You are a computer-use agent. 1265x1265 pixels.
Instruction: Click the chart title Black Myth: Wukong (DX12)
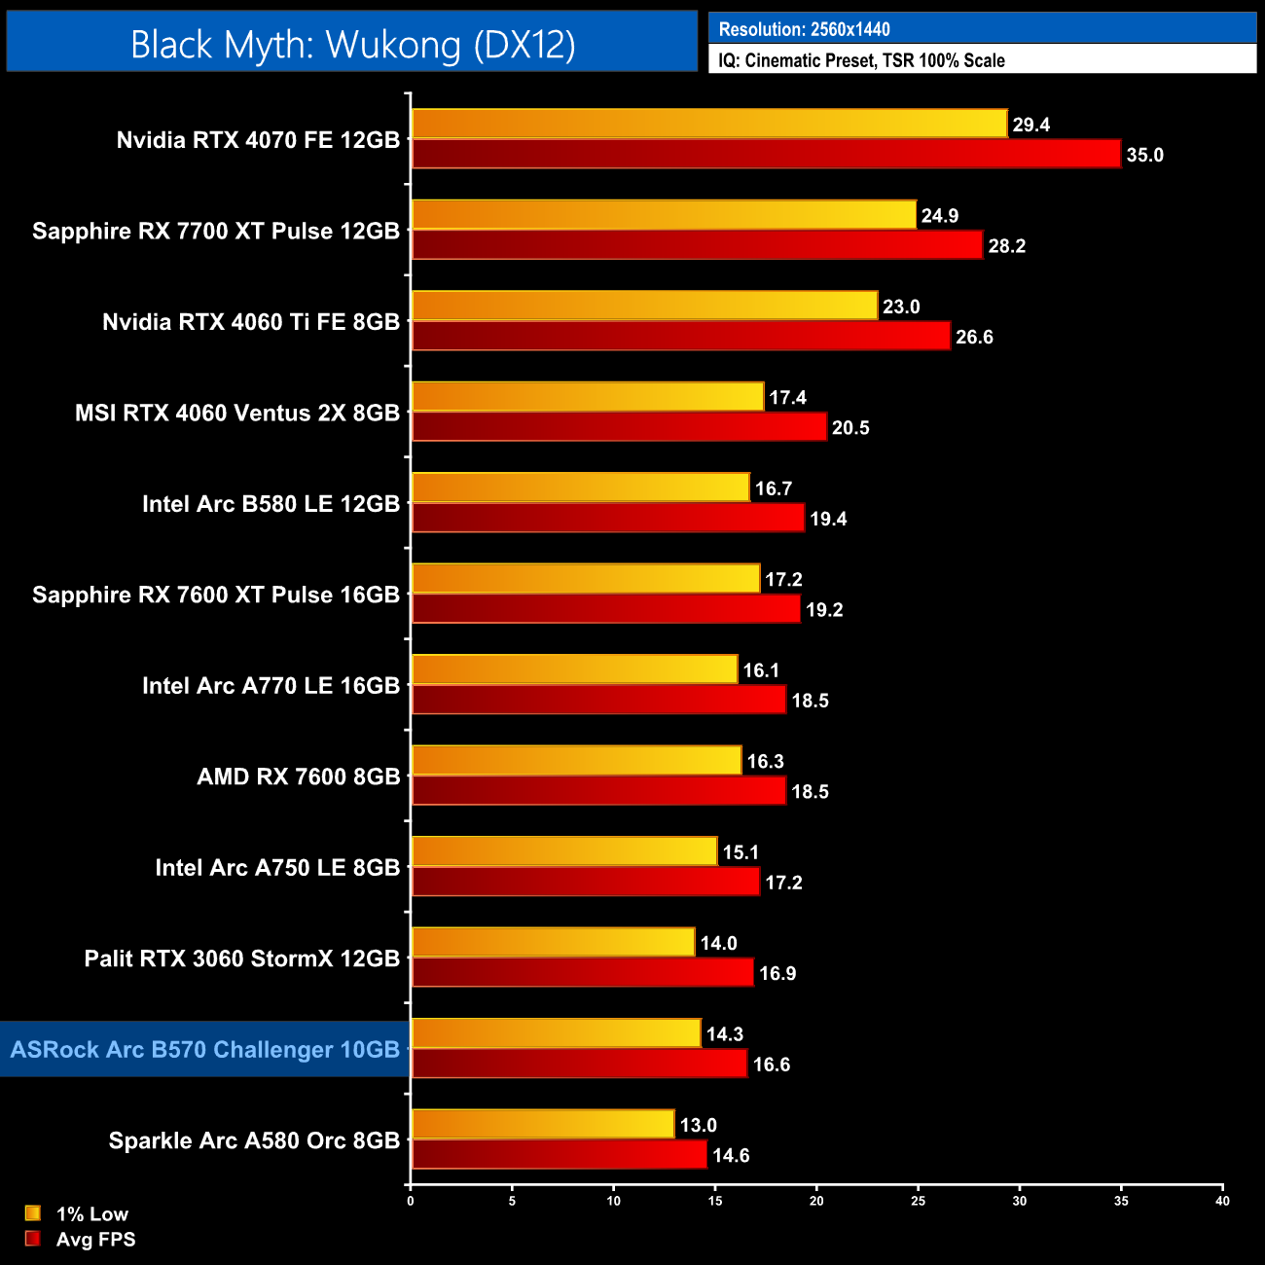(352, 44)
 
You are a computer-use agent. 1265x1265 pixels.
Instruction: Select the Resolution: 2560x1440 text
(804, 29)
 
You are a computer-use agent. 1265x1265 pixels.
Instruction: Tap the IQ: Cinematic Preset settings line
(861, 60)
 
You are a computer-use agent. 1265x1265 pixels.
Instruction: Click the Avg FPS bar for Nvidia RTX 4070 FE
(766, 154)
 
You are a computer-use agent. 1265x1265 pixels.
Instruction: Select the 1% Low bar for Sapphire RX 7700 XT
(664, 215)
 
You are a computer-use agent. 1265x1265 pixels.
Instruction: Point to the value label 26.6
(974, 337)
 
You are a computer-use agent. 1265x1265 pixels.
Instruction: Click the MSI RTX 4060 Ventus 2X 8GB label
(237, 413)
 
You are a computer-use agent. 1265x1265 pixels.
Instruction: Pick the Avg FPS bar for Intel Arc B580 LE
(608, 518)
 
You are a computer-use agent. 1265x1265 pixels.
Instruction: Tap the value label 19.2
(824, 609)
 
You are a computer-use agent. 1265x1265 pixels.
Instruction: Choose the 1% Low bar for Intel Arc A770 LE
(574, 669)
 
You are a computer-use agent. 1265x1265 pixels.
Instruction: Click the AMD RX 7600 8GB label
(299, 777)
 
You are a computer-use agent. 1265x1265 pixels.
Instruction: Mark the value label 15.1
(741, 852)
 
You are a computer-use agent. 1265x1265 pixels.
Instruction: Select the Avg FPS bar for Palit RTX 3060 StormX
(582, 972)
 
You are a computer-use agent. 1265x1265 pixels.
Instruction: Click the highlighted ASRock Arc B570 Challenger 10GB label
(205, 1050)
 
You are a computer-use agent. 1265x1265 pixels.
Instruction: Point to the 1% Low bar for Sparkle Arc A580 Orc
(542, 1124)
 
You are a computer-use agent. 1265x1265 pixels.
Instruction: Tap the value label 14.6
(731, 1155)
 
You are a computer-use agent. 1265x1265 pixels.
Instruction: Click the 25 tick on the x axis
(919, 1201)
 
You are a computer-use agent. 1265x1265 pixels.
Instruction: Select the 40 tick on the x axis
(1222, 1201)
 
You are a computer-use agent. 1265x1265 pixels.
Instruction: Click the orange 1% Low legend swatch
(33, 1213)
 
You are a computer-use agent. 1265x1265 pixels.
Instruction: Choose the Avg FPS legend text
(95, 1240)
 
